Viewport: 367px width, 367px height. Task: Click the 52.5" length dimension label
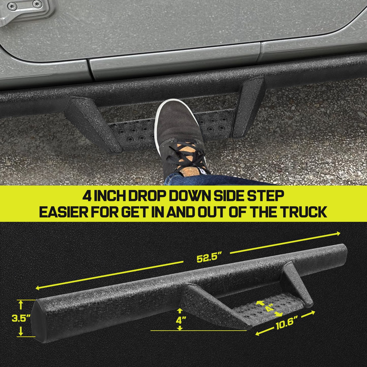209,258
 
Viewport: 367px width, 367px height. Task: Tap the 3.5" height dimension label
21,318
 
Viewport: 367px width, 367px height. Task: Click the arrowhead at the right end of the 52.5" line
338,234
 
